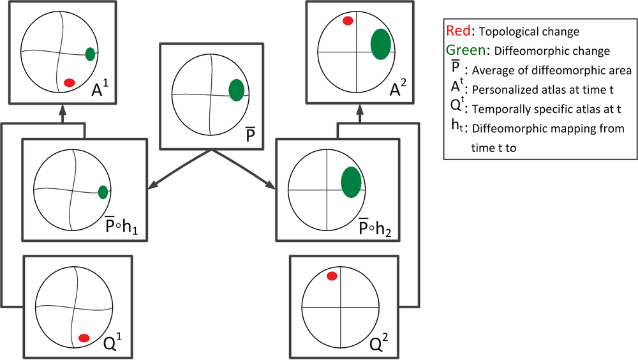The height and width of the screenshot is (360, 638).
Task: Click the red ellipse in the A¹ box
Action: coord(70,82)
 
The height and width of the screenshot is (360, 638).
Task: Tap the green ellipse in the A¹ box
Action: coord(91,54)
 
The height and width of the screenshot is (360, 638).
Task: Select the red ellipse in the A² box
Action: coord(348,21)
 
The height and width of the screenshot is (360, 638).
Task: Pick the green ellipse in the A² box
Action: coord(381,44)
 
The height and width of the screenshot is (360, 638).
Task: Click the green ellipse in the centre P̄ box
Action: coord(236,90)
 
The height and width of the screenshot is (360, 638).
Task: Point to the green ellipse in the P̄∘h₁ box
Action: coord(103,192)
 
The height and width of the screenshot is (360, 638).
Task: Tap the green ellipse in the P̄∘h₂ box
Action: coord(351,181)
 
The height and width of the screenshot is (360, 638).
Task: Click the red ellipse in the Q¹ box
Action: coord(83,338)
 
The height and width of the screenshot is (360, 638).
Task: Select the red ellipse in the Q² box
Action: coord(332,276)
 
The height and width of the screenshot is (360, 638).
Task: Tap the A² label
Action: coord(397,89)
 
